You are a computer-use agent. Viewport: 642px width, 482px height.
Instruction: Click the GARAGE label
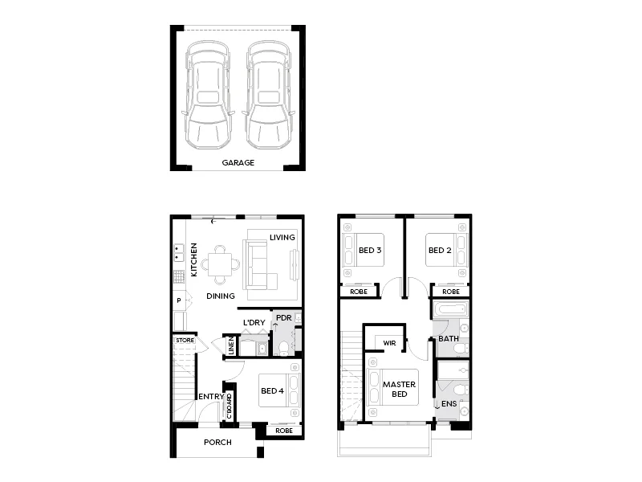(x=238, y=162)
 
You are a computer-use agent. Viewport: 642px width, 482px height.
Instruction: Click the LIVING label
(x=282, y=238)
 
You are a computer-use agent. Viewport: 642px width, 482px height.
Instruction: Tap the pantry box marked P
(x=178, y=300)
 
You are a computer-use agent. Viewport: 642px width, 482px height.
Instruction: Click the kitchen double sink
(x=177, y=254)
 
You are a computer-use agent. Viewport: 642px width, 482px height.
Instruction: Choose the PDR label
(x=283, y=318)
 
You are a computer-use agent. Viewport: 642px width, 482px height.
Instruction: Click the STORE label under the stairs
(x=185, y=341)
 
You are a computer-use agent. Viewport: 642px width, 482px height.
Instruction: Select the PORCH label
(x=217, y=443)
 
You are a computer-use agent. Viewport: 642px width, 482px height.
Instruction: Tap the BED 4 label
(x=272, y=391)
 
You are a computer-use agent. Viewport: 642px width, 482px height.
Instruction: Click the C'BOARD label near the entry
(x=229, y=406)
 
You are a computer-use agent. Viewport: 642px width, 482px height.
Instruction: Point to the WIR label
(x=389, y=343)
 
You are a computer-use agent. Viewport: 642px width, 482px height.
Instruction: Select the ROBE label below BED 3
(x=359, y=292)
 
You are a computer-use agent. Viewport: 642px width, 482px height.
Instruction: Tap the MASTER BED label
(x=398, y=390)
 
